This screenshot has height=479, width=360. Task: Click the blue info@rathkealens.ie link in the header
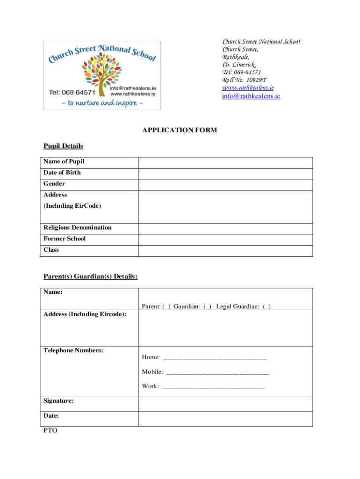251,96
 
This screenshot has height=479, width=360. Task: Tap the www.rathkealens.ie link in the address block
248,87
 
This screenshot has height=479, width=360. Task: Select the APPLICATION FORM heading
180,130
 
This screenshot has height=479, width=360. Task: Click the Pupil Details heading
63,146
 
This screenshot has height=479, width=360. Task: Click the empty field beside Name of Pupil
225,163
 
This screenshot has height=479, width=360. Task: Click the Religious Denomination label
78,228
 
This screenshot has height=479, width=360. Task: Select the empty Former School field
225,240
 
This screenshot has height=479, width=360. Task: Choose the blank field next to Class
225,251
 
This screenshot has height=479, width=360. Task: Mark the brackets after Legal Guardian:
266,306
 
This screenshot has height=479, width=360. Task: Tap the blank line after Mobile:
217,372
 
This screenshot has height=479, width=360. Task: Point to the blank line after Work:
213,387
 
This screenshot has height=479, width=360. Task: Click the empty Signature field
225,404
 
